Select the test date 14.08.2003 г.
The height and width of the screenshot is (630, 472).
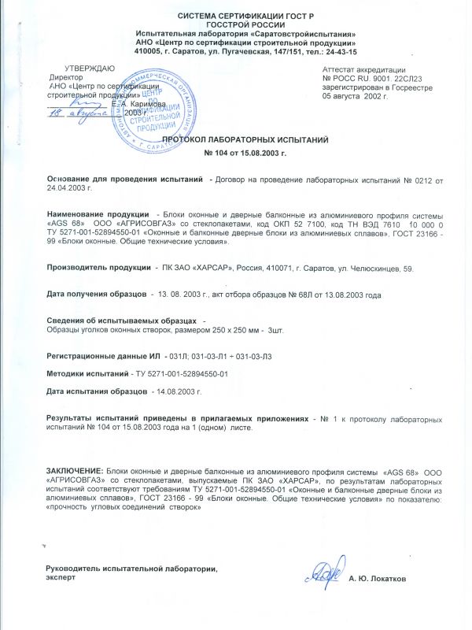pos(178,391)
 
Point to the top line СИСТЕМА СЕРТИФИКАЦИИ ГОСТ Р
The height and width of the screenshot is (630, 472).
pos(235,16)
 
